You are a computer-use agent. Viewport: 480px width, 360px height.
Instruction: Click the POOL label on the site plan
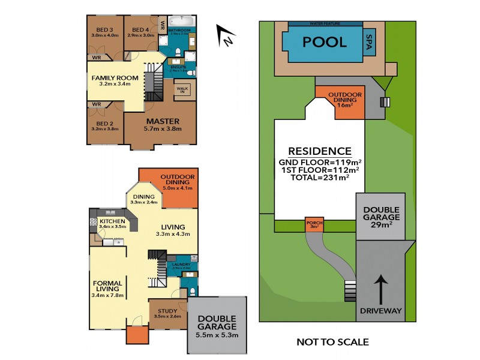point(324,42)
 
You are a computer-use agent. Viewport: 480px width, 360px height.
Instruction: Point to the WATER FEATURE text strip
point(325,23)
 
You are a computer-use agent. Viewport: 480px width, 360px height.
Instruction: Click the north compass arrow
point(224,36)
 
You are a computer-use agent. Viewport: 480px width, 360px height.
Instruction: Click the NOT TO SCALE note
point(332,343)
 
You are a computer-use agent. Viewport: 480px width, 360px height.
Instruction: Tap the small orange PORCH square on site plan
point(314,225)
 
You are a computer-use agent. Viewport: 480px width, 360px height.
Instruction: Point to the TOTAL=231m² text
point(319,178)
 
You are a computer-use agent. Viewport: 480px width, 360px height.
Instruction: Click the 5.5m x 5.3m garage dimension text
point(217,335)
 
